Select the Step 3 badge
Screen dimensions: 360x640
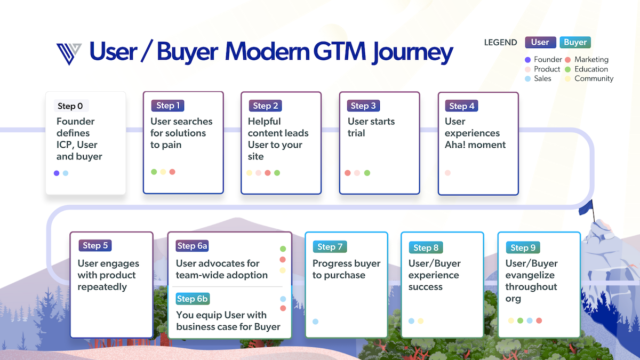(x=363, y=106)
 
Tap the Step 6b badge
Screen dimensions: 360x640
(x=193, y=299)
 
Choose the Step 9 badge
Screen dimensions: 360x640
(x=523, y=247)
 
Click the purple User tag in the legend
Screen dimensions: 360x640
(x=540, y=42)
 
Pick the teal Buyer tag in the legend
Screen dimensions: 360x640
(x=575, y=42)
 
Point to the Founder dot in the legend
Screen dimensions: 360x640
(x=527, y=60)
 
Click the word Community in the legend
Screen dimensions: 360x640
(x=594, y=78)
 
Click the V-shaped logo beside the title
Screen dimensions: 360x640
(x=69, y=53)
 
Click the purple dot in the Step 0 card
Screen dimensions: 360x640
(x=57, y=173)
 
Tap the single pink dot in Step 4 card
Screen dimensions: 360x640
(x=447, y=173)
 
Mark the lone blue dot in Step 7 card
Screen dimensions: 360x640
(x=315, y=321)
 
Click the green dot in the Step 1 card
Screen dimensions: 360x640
(x=154, y=172)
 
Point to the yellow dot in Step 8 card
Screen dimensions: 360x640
(x=420, y=321)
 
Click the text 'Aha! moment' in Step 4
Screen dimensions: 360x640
(x=475, y=145)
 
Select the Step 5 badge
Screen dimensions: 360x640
(x=95, y=245)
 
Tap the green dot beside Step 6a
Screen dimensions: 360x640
(x=283, y=249)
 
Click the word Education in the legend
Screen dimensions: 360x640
(x=591, y=69)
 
